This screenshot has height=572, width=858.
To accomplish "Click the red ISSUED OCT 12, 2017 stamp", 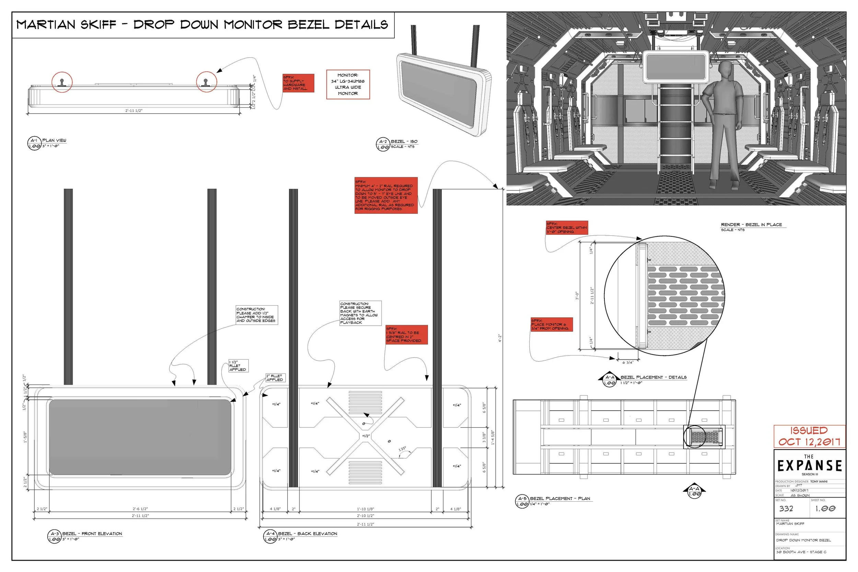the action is click(809, 436).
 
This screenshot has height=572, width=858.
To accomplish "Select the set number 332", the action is click(786, 509).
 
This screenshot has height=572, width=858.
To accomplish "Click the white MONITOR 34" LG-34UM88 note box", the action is click(348, 84).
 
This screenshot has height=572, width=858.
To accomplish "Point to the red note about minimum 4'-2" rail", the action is click(386, 196).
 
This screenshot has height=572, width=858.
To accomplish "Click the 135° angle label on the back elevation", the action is click(402, 449).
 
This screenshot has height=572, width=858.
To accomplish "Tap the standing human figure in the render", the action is click(721, 124).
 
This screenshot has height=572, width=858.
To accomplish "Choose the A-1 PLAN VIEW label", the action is click(54, 140).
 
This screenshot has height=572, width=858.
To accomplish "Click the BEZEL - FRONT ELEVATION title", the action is click(92, 534).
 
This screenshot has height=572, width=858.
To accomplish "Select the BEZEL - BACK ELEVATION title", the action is click(308, 534).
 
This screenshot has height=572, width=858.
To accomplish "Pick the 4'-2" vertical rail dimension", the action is click(500, 338).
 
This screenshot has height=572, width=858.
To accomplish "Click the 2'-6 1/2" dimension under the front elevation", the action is click(140, 509).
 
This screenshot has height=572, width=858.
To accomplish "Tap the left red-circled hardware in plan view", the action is click(62, 82).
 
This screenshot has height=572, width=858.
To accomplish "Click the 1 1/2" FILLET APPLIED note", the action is click(238, 365).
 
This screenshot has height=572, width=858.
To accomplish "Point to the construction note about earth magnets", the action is click(360, 313).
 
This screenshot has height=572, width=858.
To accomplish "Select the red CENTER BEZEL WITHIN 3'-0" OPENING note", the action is click(567, 227).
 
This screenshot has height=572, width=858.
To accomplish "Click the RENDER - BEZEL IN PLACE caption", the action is click(751, 225).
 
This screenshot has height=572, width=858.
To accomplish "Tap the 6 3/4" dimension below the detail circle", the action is click(627, 363).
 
